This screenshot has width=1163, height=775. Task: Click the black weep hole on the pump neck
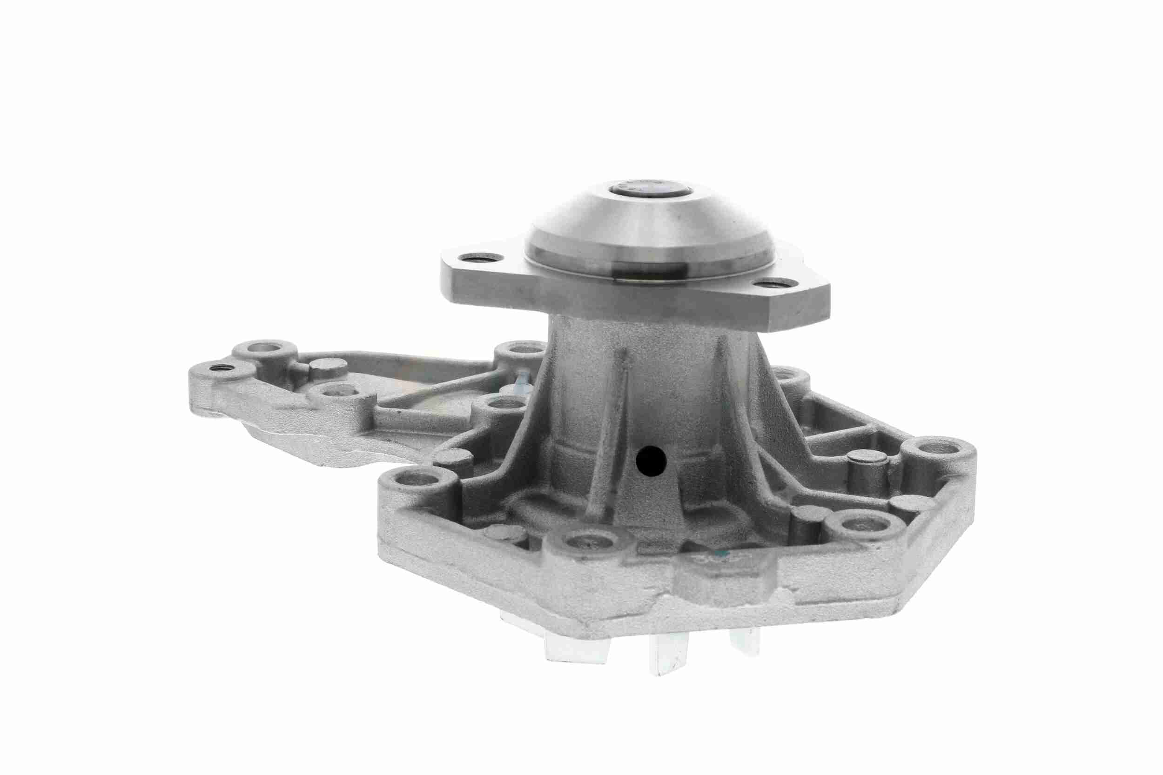(x=651, y=461)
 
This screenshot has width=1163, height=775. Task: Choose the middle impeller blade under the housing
(x=670, y=652)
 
